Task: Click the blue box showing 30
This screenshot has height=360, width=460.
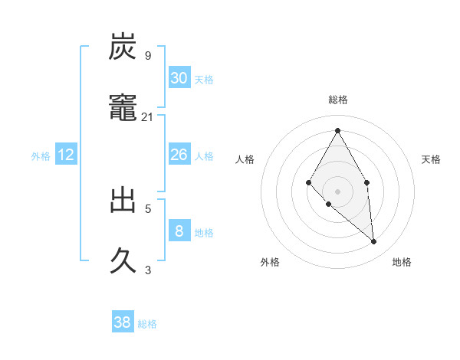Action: pyautogui.click(x=179, y=78)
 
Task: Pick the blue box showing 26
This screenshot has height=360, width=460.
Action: pyautogui.click(x=179, y=155)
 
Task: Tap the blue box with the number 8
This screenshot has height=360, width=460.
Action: pyautogui.click(x=179, y=231)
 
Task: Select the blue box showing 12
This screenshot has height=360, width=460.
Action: pyautogui.click(x=66, y=155)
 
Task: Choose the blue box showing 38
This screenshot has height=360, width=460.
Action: pyautogui.click(x=123, y=322)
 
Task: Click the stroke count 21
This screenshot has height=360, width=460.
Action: pyautogui.click(x=148, y=117)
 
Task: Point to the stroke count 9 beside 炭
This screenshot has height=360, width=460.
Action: pyautogui.click(x=148, y=56)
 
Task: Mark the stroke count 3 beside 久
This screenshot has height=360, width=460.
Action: pyautogui.click(x=148, y=270)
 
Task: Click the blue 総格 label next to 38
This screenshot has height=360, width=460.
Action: pyautogui.click(x=147, y=324)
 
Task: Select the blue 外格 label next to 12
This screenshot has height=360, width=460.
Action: pyautogui.click(x=41, y=156)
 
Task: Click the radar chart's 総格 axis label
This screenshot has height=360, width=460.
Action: pyautogui.click(x=337, y=100)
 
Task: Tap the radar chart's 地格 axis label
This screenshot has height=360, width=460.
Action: pyautogui.click(x=402, y=262)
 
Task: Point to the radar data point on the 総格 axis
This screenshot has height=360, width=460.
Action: pyautogui.click(x=337, y=130)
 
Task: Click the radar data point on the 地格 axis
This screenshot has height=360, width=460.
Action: pyautogui.click(x=374, y=242)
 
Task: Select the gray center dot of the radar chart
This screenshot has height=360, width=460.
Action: pyautogui.click(x=337, y=191)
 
